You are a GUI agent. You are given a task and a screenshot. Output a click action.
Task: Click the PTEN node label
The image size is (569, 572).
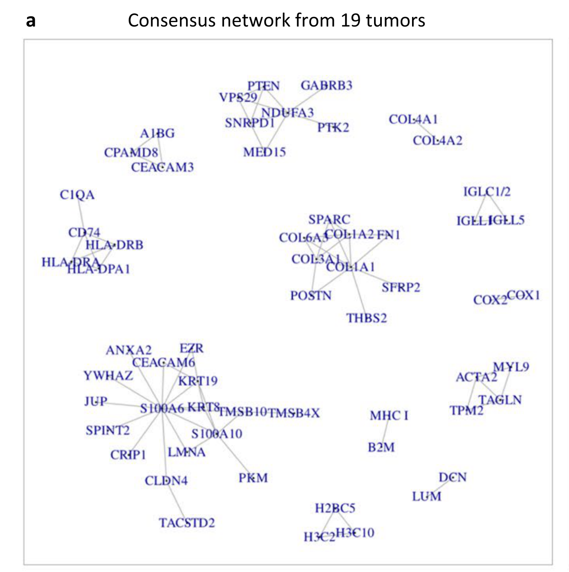(x=264, y=86)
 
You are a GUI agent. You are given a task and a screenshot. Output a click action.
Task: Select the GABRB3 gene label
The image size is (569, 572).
(x=326, y=85)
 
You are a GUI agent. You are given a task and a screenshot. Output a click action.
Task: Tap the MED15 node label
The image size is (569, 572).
(x=264, y=152)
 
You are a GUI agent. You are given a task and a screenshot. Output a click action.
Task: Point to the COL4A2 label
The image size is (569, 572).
(x=437, y=140)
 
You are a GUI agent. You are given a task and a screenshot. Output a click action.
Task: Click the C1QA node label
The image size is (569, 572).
(x=77, y=195)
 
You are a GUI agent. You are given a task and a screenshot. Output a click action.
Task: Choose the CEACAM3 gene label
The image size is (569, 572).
(x=162, y=167)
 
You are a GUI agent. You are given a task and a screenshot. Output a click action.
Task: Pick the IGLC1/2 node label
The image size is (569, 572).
(x=487, y=191)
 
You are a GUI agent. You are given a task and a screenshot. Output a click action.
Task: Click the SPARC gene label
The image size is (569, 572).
(x=329, y=220)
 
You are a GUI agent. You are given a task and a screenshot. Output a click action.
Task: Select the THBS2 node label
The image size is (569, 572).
(x=366, y=318)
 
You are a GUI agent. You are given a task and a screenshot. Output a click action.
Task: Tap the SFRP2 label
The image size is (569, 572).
(x=401, y=287)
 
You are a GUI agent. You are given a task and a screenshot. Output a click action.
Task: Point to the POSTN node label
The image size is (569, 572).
(x=311, y=296)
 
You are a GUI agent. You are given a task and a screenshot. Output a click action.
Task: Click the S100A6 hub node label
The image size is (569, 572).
(x=162, y=408)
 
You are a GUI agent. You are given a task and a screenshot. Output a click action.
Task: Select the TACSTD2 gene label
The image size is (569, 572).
(x=187, y=523)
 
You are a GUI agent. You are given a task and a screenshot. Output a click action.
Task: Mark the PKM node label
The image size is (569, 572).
(x=253, y=478)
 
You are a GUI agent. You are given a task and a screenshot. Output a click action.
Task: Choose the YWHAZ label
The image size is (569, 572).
(x=108, y=376)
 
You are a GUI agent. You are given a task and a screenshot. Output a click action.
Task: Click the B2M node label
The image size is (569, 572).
(x=381, y=447)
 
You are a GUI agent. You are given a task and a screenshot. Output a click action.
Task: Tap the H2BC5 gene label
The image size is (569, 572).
(x=335, y=508)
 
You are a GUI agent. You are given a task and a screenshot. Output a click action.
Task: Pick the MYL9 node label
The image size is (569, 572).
(x=511, y=367)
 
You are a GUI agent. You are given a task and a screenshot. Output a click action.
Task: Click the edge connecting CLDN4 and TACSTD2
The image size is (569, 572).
(x=176, y=502)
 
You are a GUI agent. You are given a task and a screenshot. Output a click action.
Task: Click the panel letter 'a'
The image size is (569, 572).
(x=31, y=21)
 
